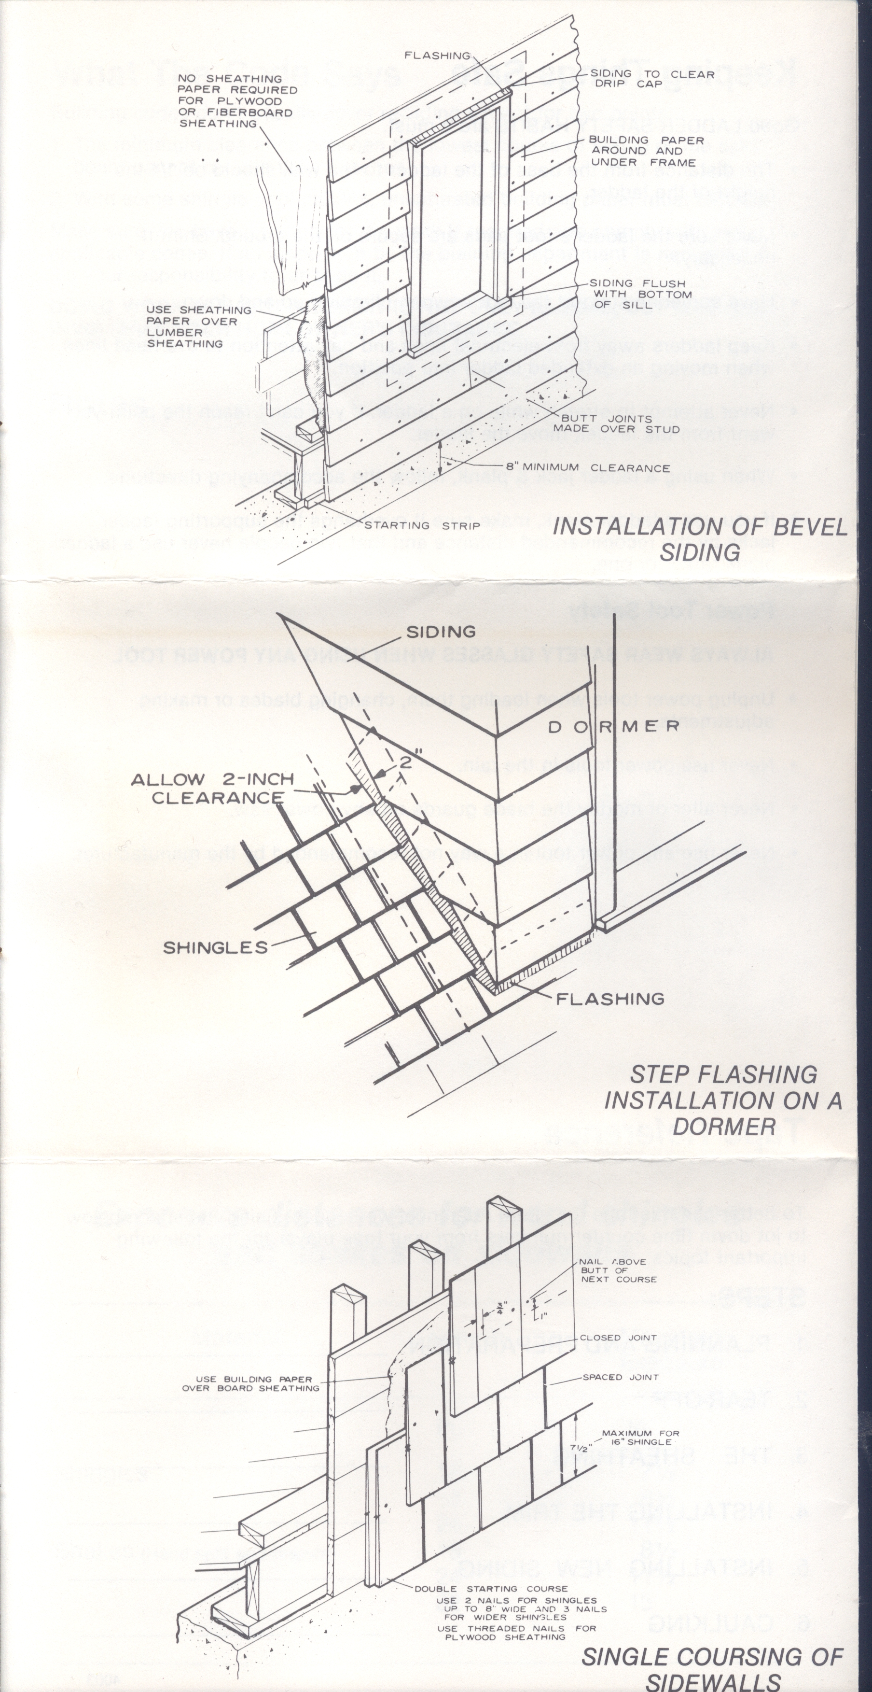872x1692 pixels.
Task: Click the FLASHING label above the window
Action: coord(437,56)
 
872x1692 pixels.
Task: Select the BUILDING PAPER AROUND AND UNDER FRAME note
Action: coord(646,151)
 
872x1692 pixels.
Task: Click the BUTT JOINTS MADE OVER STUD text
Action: coord(616,423)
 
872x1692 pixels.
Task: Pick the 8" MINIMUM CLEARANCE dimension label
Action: coord(588,467)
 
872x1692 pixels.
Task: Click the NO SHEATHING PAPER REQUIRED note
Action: coord(237,100)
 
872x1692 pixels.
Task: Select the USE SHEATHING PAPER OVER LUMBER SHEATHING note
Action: coord(198,326)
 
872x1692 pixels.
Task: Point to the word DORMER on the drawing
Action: coord(613,726)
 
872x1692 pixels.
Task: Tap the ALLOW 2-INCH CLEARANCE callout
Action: coord(211,788)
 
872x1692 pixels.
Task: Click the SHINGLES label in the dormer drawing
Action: coord(215,947)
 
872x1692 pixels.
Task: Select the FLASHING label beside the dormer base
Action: coord(610,999)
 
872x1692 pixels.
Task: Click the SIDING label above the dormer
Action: coord(441,632)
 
